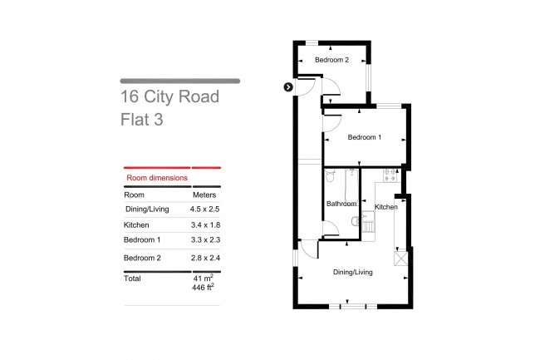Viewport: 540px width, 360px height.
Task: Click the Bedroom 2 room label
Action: (x=331, y=60)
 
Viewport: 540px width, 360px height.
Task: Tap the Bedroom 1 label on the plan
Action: (x=364, y=137)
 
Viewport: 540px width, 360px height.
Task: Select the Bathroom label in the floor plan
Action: (x=341, y=204)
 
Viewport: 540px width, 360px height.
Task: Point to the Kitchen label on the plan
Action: (x=386, y=206)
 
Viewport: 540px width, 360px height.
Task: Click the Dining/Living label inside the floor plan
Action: (x=353, y=271)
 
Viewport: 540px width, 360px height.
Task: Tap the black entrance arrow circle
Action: (x=287, y=86)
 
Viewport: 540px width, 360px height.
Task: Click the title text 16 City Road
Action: (x=169, y=97)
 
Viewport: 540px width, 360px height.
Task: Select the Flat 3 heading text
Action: (x=142, y=119)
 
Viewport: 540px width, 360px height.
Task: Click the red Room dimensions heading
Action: (x=156, y=178)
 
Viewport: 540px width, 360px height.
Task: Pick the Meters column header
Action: (x=204, y=195)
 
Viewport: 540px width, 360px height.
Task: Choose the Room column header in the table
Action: (x=134, y=195)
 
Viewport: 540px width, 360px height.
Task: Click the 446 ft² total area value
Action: (x=203, y=287)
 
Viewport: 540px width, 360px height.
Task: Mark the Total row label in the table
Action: (x=132, y=279)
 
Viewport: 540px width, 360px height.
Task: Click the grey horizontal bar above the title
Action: (x=180, y=81)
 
